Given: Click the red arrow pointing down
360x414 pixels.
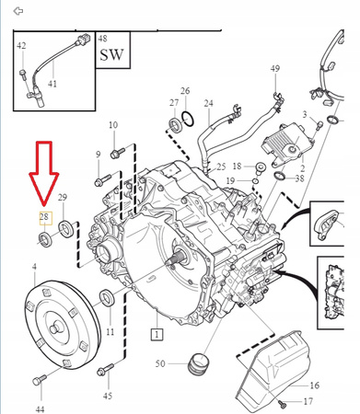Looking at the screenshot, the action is pos(44,173).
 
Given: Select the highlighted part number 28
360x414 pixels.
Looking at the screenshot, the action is pos(45,218).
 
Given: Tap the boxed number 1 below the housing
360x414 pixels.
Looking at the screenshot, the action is pos(157,334).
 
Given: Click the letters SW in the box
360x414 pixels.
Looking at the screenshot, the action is pos(111,54).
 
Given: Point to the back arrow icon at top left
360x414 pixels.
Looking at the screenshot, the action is pos(18,11).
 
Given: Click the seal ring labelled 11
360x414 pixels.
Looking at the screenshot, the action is pos(107,297).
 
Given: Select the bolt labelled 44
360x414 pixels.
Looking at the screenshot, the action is pos(40,379).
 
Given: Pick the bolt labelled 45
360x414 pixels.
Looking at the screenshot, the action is pos(105,369).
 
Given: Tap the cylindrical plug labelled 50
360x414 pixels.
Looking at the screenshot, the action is pos(199,363).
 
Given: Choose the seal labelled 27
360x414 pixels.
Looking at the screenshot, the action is pos(176,125).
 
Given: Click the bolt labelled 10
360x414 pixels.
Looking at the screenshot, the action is pos(118,153).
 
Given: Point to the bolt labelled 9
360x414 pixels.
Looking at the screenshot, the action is pos(103,180).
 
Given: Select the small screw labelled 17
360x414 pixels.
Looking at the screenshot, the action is pos(282,404).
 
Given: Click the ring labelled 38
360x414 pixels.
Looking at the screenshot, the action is pos(280,177).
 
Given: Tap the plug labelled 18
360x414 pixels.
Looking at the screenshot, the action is pos(261,168).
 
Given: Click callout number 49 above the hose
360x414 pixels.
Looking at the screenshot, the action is pos(275,68).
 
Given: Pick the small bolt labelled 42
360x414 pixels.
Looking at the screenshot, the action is pos(23,75).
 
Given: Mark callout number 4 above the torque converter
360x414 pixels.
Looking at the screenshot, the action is pos(34,267).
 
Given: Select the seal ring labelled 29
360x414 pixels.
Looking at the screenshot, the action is pos(66,228).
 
